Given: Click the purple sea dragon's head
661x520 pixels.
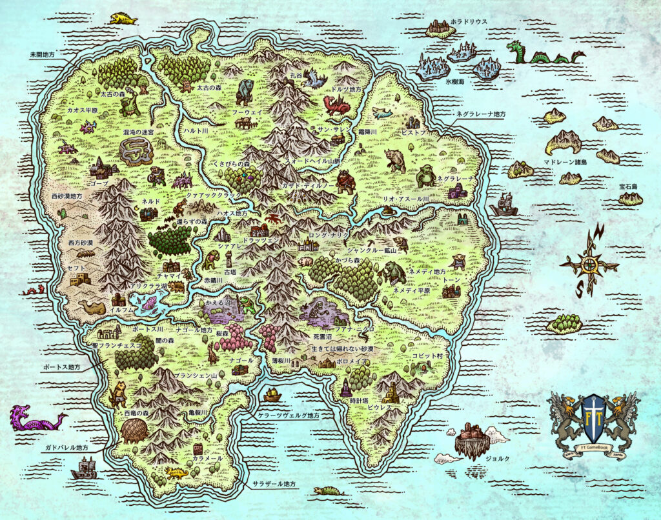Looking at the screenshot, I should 19,414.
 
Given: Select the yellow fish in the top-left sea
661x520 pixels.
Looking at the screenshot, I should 123,19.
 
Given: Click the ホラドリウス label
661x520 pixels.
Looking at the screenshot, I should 469,21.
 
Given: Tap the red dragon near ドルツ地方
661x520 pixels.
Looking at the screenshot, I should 337,105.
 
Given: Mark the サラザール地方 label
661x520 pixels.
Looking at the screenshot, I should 275,483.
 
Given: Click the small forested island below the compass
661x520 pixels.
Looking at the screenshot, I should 565,324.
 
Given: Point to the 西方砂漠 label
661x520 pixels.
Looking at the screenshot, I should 81,243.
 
